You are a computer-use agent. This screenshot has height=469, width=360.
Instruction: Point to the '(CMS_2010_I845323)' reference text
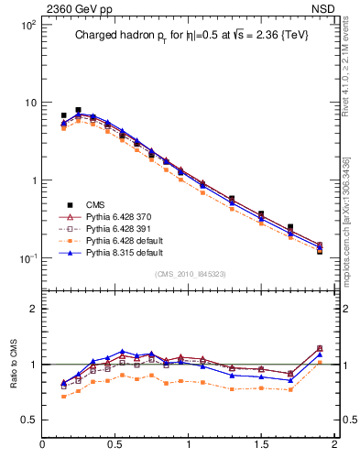tap(188, 274)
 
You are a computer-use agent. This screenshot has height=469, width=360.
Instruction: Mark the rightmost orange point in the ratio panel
tap(320, 364)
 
